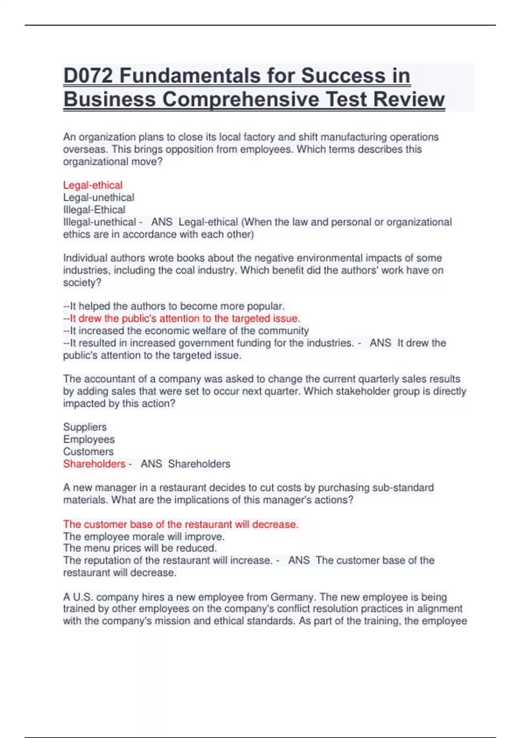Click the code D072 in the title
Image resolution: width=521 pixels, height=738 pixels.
coord(88,76)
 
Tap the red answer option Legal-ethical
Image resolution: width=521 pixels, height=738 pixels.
coord(92,185)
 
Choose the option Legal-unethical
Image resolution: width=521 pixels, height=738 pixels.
coord(99,198)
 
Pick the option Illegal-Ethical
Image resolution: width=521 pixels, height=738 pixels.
coord(94,210)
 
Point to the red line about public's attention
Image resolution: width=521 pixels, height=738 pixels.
coord(185,318)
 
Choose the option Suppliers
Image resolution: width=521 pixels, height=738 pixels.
coord(85,427)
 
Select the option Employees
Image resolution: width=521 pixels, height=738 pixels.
coord(89,439)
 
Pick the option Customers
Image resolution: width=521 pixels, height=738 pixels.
coord(88,451)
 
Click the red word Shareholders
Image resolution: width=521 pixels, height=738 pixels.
coord(94,464)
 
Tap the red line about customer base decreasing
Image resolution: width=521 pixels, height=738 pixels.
coord(181,524)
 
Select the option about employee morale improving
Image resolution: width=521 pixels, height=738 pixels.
coord(144,537)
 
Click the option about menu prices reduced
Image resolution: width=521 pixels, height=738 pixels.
coord(139,548)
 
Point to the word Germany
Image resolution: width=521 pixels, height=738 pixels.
coord(292,597)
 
